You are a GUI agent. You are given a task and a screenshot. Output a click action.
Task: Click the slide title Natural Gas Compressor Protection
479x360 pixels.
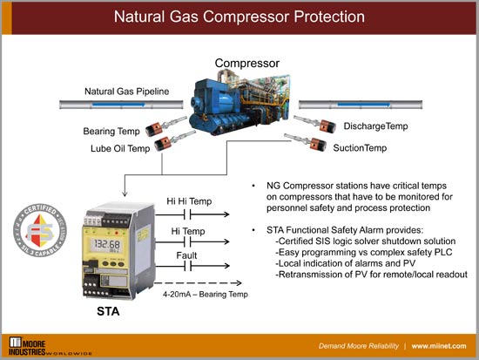coord(239,17)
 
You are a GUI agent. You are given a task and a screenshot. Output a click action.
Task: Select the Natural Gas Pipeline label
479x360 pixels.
coord(125,91)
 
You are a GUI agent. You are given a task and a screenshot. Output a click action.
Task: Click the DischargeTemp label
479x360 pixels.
coord(374,127)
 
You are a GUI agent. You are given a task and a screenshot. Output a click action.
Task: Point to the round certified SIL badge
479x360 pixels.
coord(35,230)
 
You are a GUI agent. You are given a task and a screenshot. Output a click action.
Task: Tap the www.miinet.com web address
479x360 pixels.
coord(441,346)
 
